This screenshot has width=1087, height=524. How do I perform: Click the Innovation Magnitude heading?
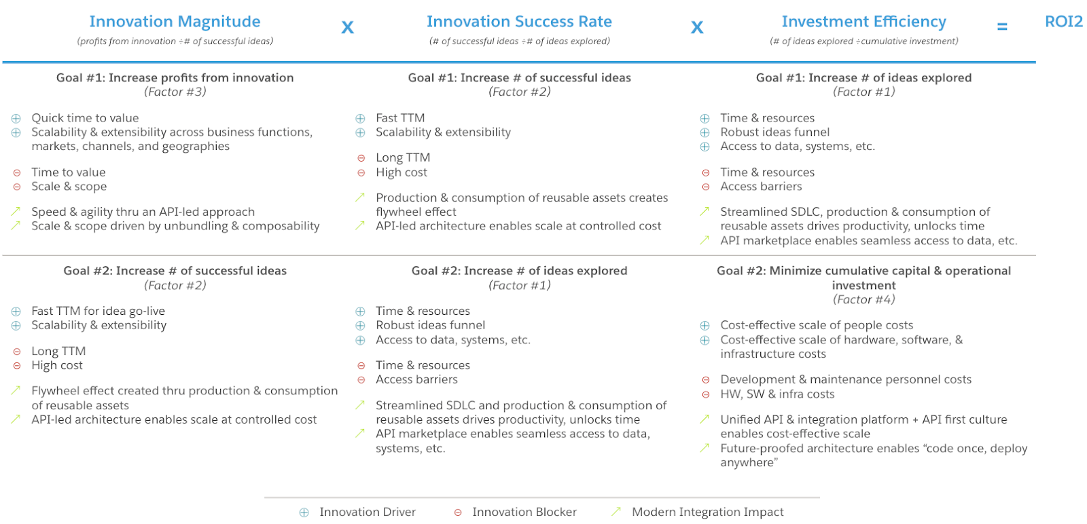click(x=175, y=22)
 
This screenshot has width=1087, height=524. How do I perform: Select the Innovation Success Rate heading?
click(x=519, y=22)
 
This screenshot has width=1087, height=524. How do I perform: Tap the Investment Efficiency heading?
click(x=863, y=22)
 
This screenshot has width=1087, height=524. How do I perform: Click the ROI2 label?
click(x=1063, y=22)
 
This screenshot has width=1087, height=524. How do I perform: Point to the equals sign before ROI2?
click(x=1002, y=27)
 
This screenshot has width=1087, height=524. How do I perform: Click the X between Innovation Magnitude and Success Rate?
click(x=347, y=28)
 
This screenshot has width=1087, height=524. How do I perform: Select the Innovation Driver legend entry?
click(x=367, y=512)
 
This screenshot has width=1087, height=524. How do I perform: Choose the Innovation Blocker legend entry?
click(x=524, y=512)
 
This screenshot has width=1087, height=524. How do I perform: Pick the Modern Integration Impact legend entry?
click(x=707, y=512)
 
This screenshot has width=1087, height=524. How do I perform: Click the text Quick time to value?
click(x=85, y=118)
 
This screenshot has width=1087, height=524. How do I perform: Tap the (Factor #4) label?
click(x=863, y=299)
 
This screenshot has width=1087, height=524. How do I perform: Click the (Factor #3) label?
click(x=175, y=92)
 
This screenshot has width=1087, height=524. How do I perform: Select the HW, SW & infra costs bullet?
click(x=777, y=394)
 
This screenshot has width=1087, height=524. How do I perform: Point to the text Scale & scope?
click(x=69, y=187)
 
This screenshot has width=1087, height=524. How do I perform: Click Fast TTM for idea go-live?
click(x=98, y=311)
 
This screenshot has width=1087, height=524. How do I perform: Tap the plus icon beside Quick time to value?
click(x=16, y=118)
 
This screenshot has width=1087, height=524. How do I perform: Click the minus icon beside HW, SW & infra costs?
click(x=705, y=394)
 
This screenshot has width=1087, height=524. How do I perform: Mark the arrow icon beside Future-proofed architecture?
click(x=705, y=447)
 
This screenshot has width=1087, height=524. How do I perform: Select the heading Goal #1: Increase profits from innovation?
click(x=175, y=77)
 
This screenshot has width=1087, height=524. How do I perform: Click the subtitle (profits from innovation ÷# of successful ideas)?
click(x=175, y=41)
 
